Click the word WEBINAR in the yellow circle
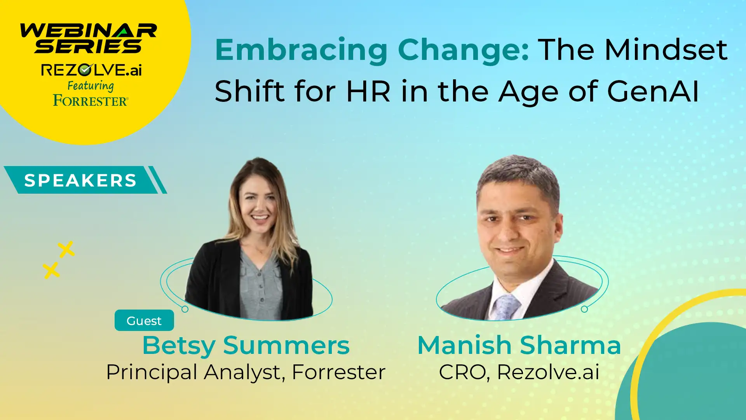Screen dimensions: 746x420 click(89, 31)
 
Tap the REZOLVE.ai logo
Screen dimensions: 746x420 click(91, 70)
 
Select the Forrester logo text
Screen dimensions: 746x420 click(91, 100)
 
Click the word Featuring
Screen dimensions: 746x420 click(91, 86)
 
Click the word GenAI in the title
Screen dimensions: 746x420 click(653, 91)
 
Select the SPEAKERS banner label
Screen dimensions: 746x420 click(80, 180)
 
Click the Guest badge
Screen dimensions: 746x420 click(144, 320)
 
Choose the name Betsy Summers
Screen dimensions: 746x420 click(246, 345)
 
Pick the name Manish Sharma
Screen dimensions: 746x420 click(519, 345)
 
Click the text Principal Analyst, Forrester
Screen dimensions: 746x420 click(246, 372)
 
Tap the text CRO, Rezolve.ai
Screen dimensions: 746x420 click(519, 372)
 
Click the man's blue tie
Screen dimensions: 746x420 click(506, 307)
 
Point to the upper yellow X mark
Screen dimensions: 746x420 click(66, 249)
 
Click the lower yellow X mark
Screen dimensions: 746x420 click(51, 271)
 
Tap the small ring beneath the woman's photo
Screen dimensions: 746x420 click(185, 309)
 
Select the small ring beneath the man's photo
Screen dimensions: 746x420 click(584, 309)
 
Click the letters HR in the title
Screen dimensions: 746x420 click(368, 91)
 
